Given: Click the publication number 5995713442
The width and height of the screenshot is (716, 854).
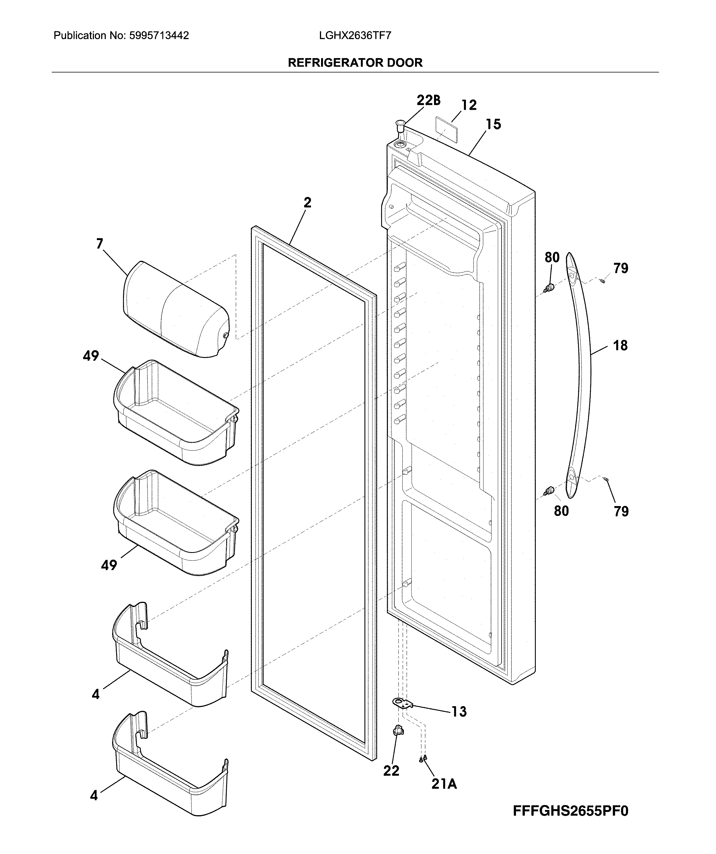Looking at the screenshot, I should (x=159, y=36).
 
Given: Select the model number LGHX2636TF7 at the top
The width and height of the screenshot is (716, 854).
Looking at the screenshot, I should (x=355, y=36).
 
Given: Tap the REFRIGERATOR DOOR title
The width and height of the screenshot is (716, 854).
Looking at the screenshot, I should (x=355, y=63).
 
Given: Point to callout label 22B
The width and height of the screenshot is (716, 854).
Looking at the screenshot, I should (x=428, y=100).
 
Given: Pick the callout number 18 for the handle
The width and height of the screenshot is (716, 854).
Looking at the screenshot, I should (x=620, y=346).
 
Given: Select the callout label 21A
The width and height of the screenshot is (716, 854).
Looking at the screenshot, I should (x=444, y=784).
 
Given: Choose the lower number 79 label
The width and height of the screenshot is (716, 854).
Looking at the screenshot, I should (x=621, y=511).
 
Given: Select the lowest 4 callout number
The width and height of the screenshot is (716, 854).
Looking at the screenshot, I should (x=94, y=795).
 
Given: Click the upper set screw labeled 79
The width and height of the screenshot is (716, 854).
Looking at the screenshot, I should (x=602, y=280).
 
